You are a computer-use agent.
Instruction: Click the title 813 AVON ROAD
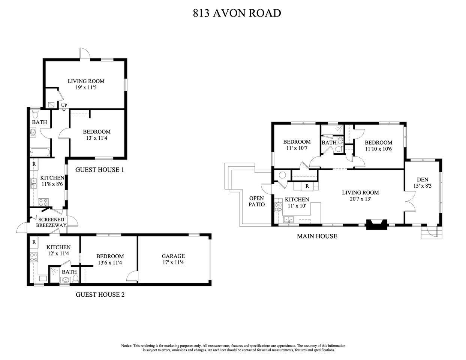pyautogui.click(x=237, y=13)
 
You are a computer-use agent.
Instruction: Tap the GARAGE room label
pyautogui.click(x=173, y=256)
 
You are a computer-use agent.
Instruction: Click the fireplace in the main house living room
pyautogui.click(x=376, y=224)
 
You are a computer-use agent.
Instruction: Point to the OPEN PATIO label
pyautogui.click(x=256, y=201)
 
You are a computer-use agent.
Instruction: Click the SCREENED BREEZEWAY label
pyautogui.click(x=51, y=222)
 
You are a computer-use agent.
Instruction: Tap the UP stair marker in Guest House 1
pyautogui.click(x=64, y=106)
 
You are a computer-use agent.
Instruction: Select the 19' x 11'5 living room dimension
pyautogui.click(x=86, y=87)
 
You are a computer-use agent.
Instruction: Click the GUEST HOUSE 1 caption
pyautogui.click(x=100, y=170)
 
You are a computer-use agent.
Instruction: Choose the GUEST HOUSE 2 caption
pyautogui.click(x=100, y=294)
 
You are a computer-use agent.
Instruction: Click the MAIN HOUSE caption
pyautogui.click(x=317, y=236)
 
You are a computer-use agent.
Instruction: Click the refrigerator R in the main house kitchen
pyautogui.click(x=307, y=186)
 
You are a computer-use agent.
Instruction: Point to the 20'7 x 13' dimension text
pyautogui.click(x=360, y=199)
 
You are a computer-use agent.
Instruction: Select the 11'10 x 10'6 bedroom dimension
pyautogui.click(x=378, y=149)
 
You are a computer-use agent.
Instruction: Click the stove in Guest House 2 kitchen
pyautogui.click(x=34, y=257)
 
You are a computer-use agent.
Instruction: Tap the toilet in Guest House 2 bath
pyautogui.click(x=76, y=278)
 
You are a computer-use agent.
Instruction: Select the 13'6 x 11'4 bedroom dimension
pyautogui.click(x=110, y=263)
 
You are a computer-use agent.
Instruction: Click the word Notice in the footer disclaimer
pyautogui.click(x=126, y=346)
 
